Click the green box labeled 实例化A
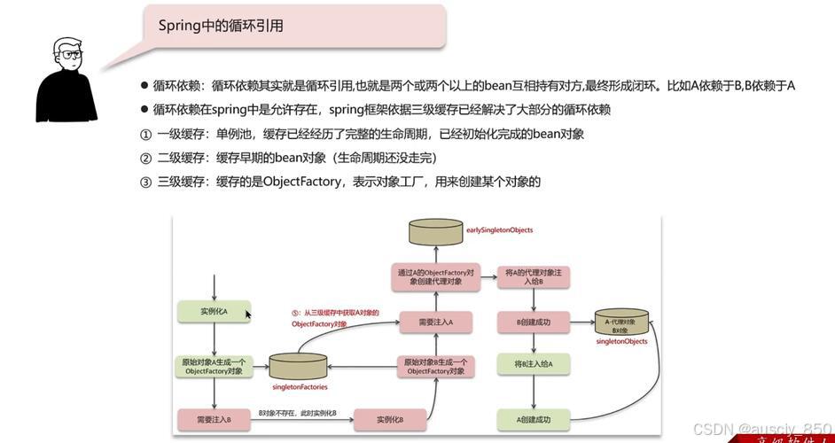point(214,311)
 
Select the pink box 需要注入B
point(214,418)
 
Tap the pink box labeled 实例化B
point(390,419)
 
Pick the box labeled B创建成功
point(533,322)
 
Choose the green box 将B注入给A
point(533,363)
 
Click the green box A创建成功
point(533,419)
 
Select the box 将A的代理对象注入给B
point(533,276)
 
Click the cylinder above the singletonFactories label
point(299,365)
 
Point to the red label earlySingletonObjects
point(499,230)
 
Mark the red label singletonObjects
point(621,341)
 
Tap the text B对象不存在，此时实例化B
point(297,414)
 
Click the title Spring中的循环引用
point(221,26)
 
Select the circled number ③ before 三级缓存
point(146,182)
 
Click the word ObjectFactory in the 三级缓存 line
point(302,182)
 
